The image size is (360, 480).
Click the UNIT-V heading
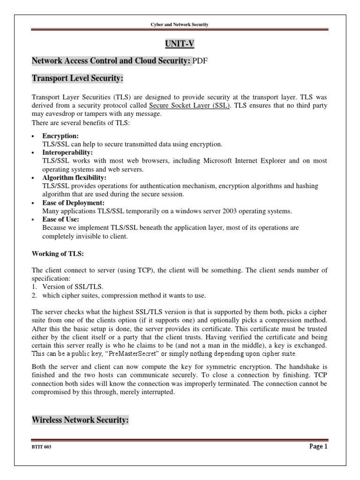(180, 44)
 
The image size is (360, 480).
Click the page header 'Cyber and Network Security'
(180, 24)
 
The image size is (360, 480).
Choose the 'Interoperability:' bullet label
(67, 152)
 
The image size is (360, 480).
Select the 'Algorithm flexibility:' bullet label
(74, 178)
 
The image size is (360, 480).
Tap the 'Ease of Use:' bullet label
(60, 219)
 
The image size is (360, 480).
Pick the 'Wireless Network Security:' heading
(80, 408)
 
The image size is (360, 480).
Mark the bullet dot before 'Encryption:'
(33, 136)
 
